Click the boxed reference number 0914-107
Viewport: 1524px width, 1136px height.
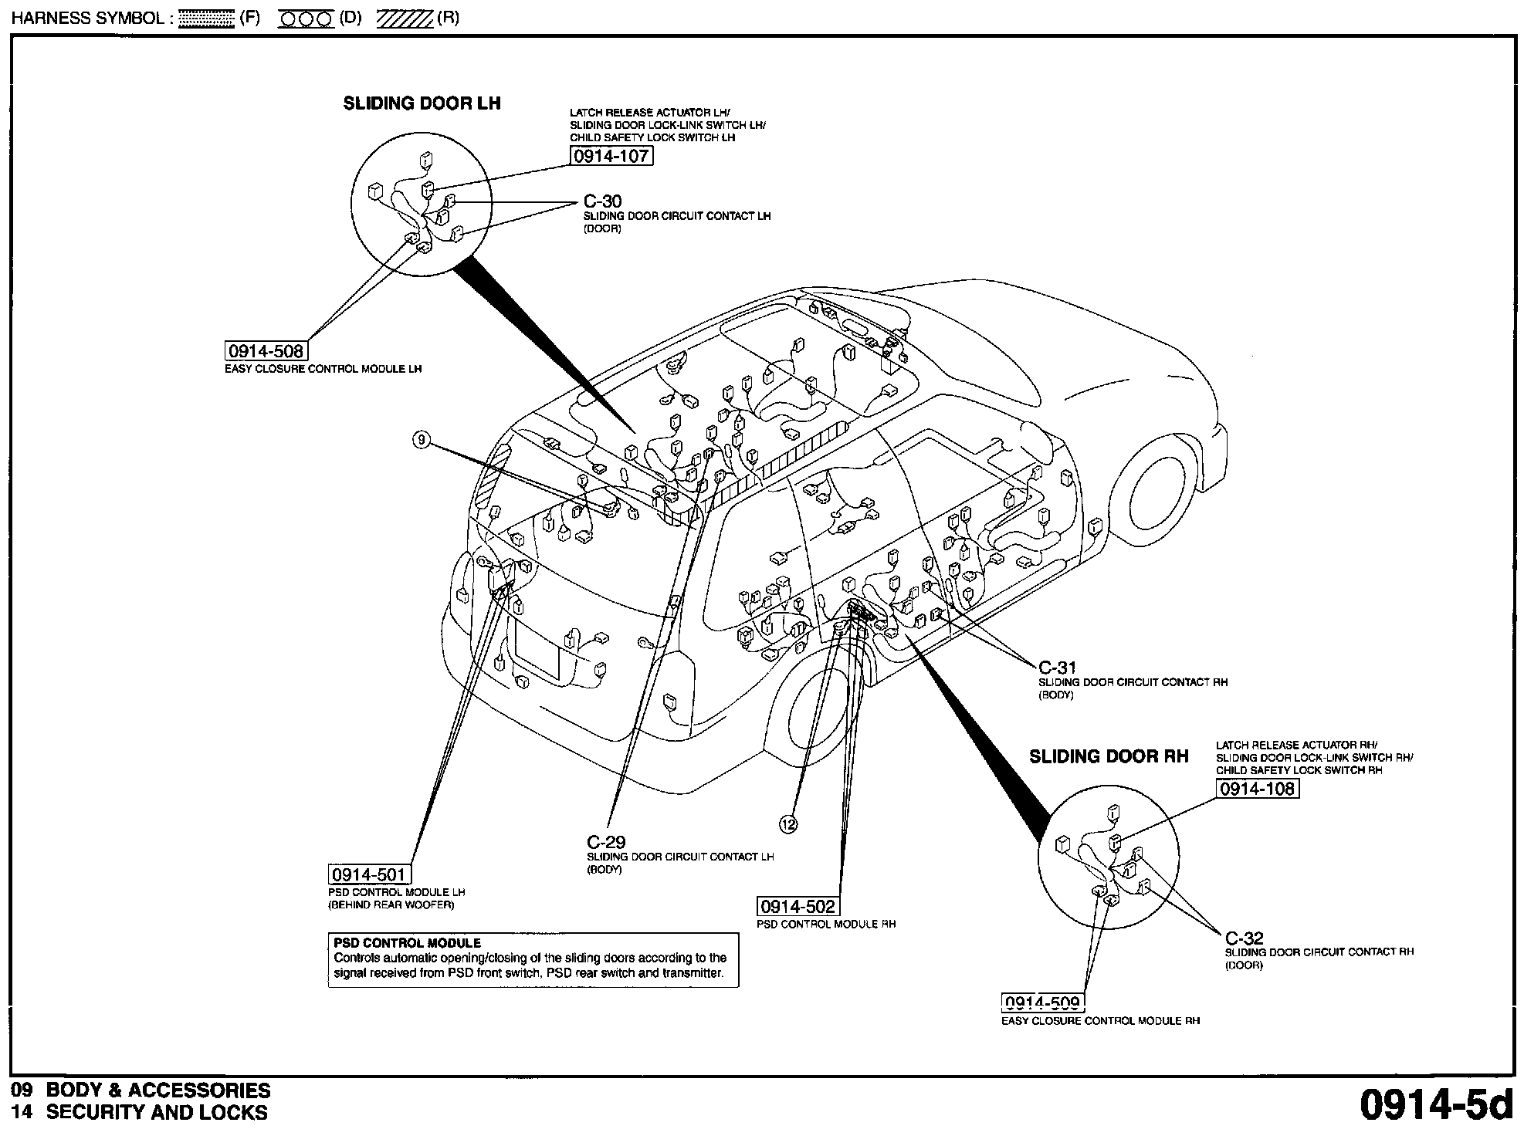pos(611,156)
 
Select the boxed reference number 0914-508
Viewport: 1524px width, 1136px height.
pos(266,351)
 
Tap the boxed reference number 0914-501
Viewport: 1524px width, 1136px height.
pos(369,874)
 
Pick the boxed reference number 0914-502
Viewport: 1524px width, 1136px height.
pos(798,906)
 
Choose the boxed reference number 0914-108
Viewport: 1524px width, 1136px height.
pos(1258,789)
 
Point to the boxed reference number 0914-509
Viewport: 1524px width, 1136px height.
pos(1043,1002)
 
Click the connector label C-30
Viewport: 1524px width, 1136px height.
pos(602,202)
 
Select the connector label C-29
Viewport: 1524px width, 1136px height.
pos(606,842)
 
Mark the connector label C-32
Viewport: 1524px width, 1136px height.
pos(1244,938)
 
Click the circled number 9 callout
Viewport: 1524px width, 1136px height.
pos(421,441)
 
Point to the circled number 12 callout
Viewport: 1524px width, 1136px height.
pos(788,825)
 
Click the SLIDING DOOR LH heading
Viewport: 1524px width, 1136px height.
pos(422,103)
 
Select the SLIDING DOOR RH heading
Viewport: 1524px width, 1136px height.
pos(1109,756)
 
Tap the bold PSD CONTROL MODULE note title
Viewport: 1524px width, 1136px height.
pos(407,943)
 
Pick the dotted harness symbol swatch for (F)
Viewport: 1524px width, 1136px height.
pos(205,19)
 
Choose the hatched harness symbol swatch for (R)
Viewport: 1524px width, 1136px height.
pos(405,19)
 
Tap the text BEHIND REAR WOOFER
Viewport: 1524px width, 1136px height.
pos(391,904)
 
